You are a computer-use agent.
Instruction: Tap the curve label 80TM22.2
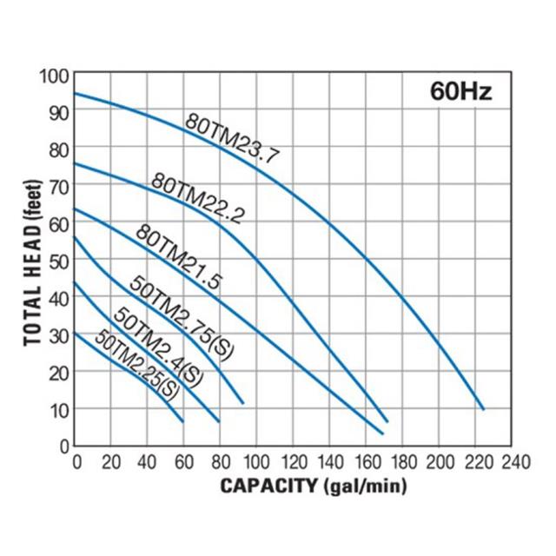click(198, 198)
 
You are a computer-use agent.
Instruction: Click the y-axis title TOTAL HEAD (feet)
click(33, 260)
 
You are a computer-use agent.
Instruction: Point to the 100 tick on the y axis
click(54, 76)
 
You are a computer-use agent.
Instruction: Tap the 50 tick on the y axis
click(58, 260)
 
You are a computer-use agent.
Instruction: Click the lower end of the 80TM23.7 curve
click(482, 408)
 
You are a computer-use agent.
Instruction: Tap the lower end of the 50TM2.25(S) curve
click(183, 421)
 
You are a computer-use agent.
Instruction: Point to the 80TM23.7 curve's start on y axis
click(75, 93)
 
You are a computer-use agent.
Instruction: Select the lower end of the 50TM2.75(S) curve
click(243, 403)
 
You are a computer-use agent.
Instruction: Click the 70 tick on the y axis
click(58, 186)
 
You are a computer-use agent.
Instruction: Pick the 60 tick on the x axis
click(183, 460)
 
